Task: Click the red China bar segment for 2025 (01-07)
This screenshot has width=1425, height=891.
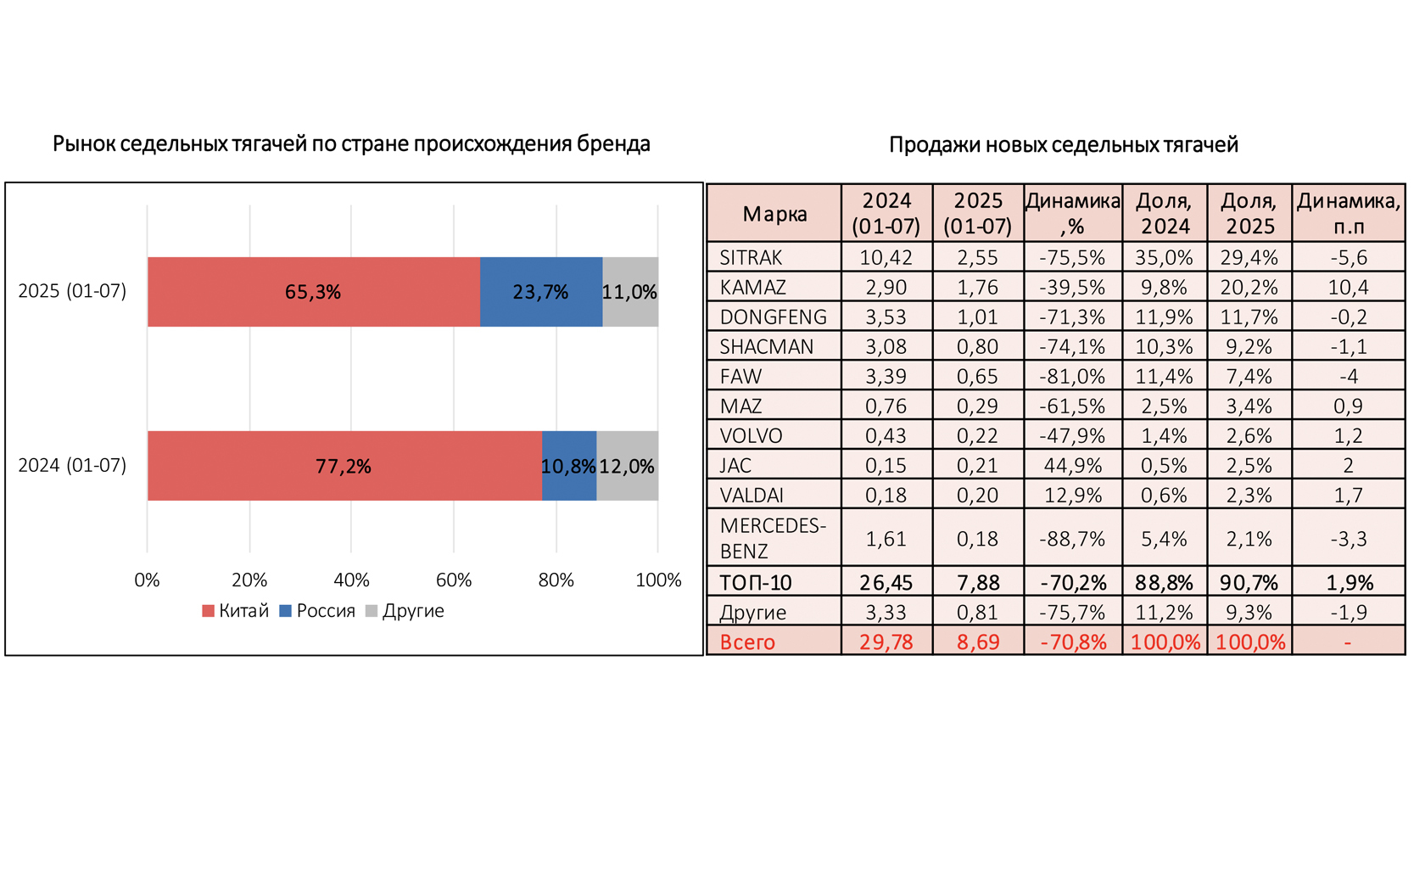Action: tap(313, 292)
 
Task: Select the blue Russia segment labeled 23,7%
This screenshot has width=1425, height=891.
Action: tap(540, 292)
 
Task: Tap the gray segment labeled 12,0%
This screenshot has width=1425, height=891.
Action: tap(627, 466)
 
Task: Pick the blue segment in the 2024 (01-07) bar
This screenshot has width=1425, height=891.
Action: tap(568, 466)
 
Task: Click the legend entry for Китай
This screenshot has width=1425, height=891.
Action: tap(236, 611)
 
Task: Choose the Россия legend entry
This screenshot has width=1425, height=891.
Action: tap(317, 611)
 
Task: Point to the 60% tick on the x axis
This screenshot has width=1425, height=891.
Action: tap(454, 580)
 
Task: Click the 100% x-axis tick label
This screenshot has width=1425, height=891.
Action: tap(658, 580)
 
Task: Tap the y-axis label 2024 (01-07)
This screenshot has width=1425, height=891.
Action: tap(72, 465)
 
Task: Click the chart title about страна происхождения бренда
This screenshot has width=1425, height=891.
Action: tap(351, 143)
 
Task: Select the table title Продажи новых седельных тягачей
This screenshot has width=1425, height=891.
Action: tap(1063, 144)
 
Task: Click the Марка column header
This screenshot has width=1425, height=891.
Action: tap(774, 214)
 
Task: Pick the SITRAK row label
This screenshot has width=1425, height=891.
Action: tap(751, 257)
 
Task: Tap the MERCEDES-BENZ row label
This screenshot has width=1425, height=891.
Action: tap(772, 538)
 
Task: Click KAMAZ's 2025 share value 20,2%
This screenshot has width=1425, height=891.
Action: tap(1249, 287)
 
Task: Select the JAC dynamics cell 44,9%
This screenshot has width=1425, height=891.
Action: tap(1073, 465)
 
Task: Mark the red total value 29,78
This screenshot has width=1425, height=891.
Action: tap(886, 642)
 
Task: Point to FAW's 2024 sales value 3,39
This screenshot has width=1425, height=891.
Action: tap(886, 376)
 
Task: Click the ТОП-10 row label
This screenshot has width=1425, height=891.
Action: tap(755, 583)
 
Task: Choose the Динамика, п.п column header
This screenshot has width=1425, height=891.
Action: tap(1348, 214)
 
